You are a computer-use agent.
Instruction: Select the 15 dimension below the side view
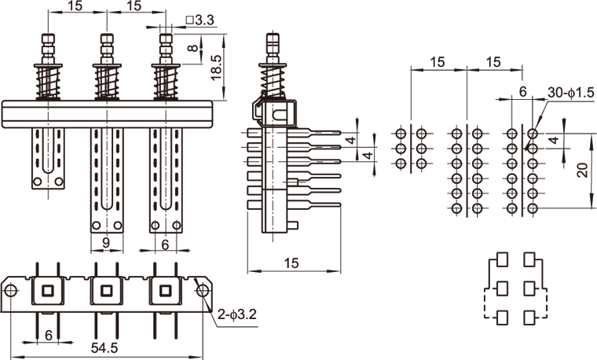coord(291,264)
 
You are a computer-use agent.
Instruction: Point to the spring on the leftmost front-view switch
coord(46,81)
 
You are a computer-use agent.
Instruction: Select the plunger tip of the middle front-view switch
coord(106,39)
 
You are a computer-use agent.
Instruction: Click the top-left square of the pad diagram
coord(500,259)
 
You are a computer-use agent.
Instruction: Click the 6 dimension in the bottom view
coord(49,335)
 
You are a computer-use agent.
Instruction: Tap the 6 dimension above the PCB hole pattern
coord(522,92)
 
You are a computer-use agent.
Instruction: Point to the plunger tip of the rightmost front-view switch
coord(165,39)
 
